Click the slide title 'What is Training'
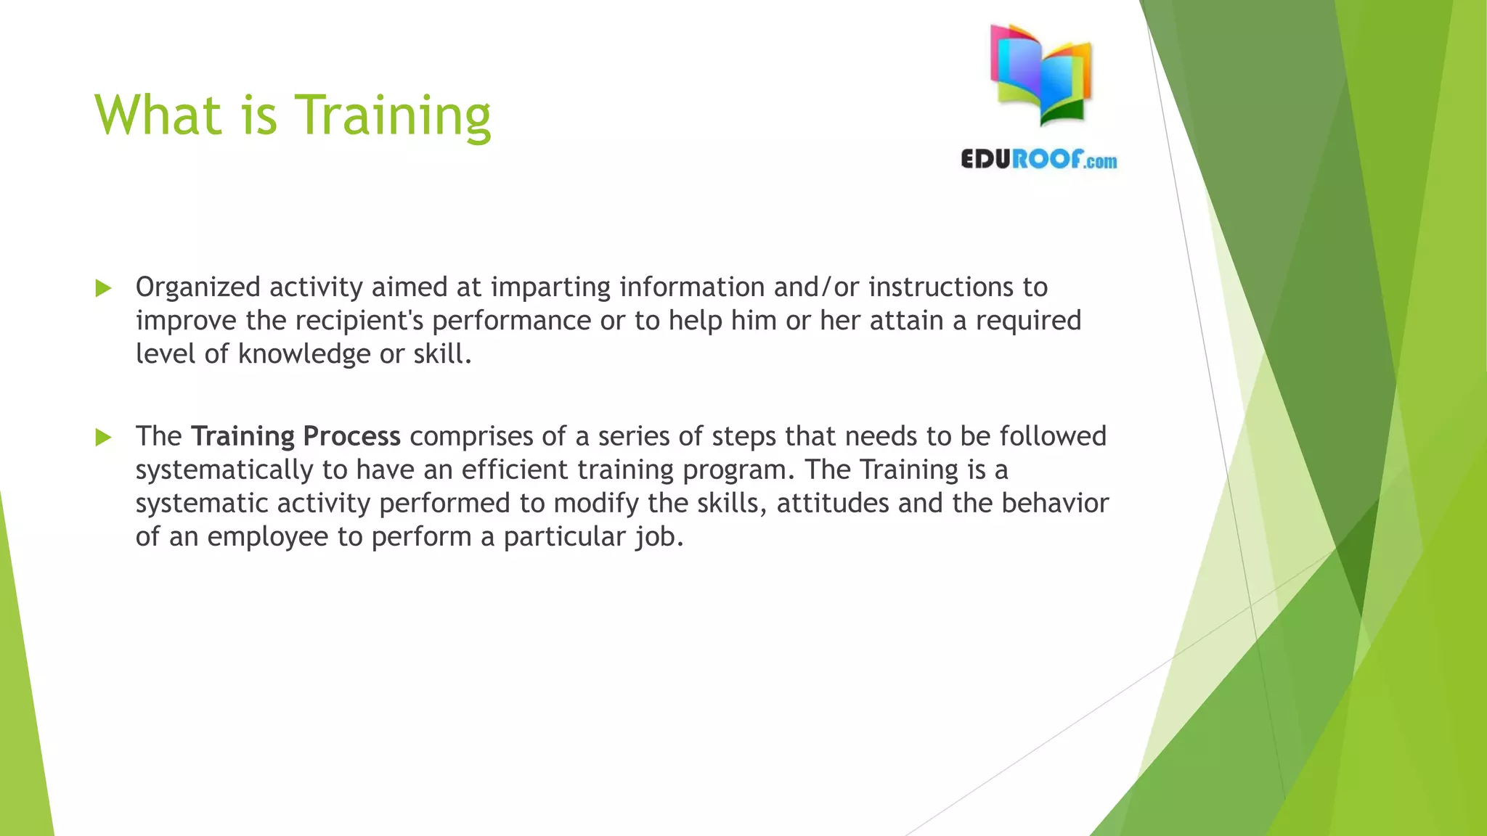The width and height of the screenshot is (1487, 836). click(293, 115)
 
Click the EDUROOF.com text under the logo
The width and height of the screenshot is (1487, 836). click(1038, 160)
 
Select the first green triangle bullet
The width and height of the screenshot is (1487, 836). click(103, 288)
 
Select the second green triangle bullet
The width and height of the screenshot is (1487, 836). click(103, 437)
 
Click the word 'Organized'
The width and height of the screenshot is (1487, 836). click(197, 287)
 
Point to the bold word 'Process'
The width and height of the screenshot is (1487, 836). click(351, 436)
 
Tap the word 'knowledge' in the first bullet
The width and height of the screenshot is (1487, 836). click(304, 354)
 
